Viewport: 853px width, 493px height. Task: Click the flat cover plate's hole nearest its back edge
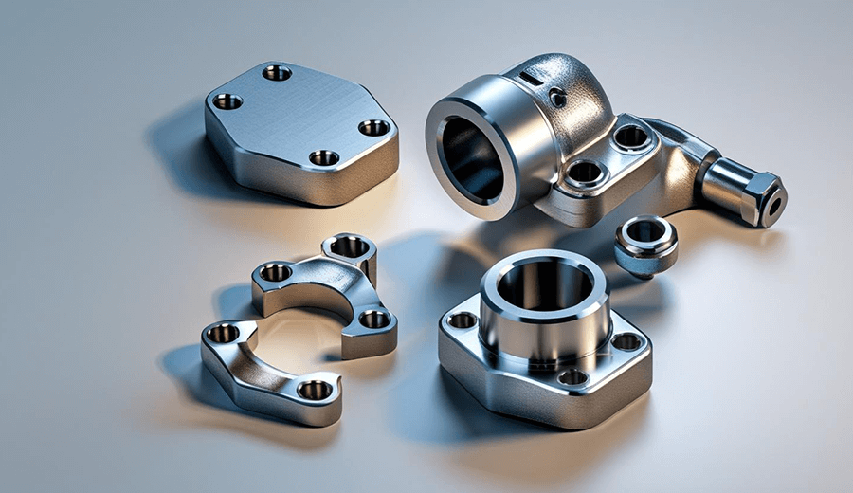click(x=277, y=72)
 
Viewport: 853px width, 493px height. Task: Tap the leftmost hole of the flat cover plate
click(x=227, y=100)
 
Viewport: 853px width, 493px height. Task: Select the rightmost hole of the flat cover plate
click(x=373, y=127)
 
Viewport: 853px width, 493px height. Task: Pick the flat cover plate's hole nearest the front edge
click(x=324, y=157)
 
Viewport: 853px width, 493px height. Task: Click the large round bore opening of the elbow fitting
click(x=471, y=157)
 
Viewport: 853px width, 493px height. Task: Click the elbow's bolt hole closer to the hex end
click(x=631, y=137)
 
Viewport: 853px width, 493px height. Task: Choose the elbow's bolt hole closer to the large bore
click(x=585, y=173)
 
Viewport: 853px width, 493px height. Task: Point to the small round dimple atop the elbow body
click(x=558, y=98)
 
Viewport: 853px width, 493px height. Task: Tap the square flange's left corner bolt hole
click(x=463, y=320)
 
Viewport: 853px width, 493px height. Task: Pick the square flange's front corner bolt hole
click(x=572, y=377)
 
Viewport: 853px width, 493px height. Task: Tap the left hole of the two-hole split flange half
click(x=224, y=333)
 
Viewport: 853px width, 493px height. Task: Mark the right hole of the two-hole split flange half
click(x=315, y=389)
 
